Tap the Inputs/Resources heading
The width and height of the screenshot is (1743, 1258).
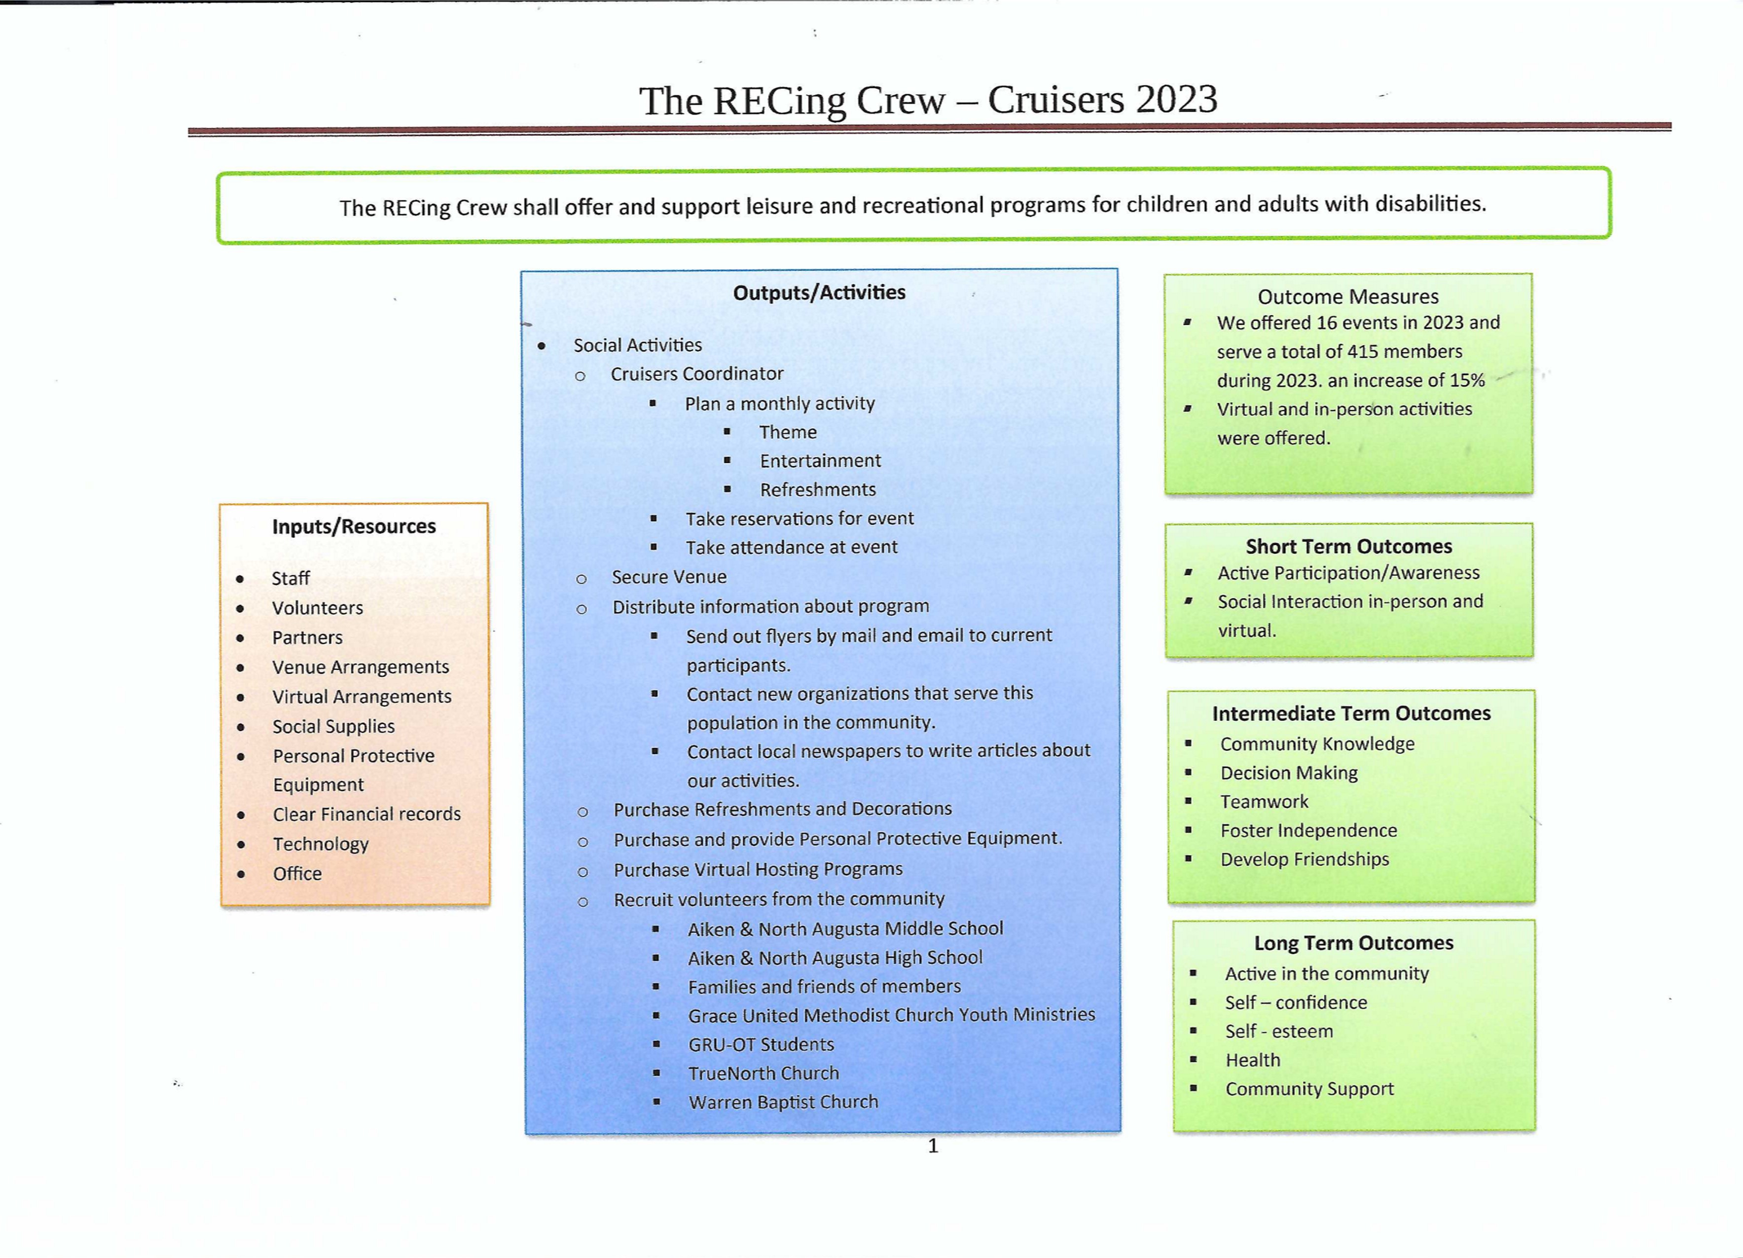coord(354,526)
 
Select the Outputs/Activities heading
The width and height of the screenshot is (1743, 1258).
coord(819,293)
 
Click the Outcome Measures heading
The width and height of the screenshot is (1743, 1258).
coord(1348,296)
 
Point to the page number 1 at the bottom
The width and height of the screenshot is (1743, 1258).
coord(933,1146)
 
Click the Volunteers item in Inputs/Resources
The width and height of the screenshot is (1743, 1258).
coord(318,608)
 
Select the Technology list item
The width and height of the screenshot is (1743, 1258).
coord(321,844)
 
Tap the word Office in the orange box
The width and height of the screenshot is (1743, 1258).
coord(297,874)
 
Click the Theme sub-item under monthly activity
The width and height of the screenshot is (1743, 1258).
coord(788,432)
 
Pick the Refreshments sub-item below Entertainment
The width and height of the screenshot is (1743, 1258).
coord(818,489)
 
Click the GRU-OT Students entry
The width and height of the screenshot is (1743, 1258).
coord(761,1044)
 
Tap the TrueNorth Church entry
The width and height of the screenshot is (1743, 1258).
coord(763,1073)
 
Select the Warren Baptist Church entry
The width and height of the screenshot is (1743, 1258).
coord(783,1102)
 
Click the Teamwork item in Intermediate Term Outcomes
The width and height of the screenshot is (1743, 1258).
coord(1264,802)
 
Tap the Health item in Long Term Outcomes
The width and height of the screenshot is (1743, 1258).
coord(1253,1061)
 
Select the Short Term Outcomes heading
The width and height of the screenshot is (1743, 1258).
coord(1349,547)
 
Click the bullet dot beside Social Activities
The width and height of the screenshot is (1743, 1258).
coord(542,346)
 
